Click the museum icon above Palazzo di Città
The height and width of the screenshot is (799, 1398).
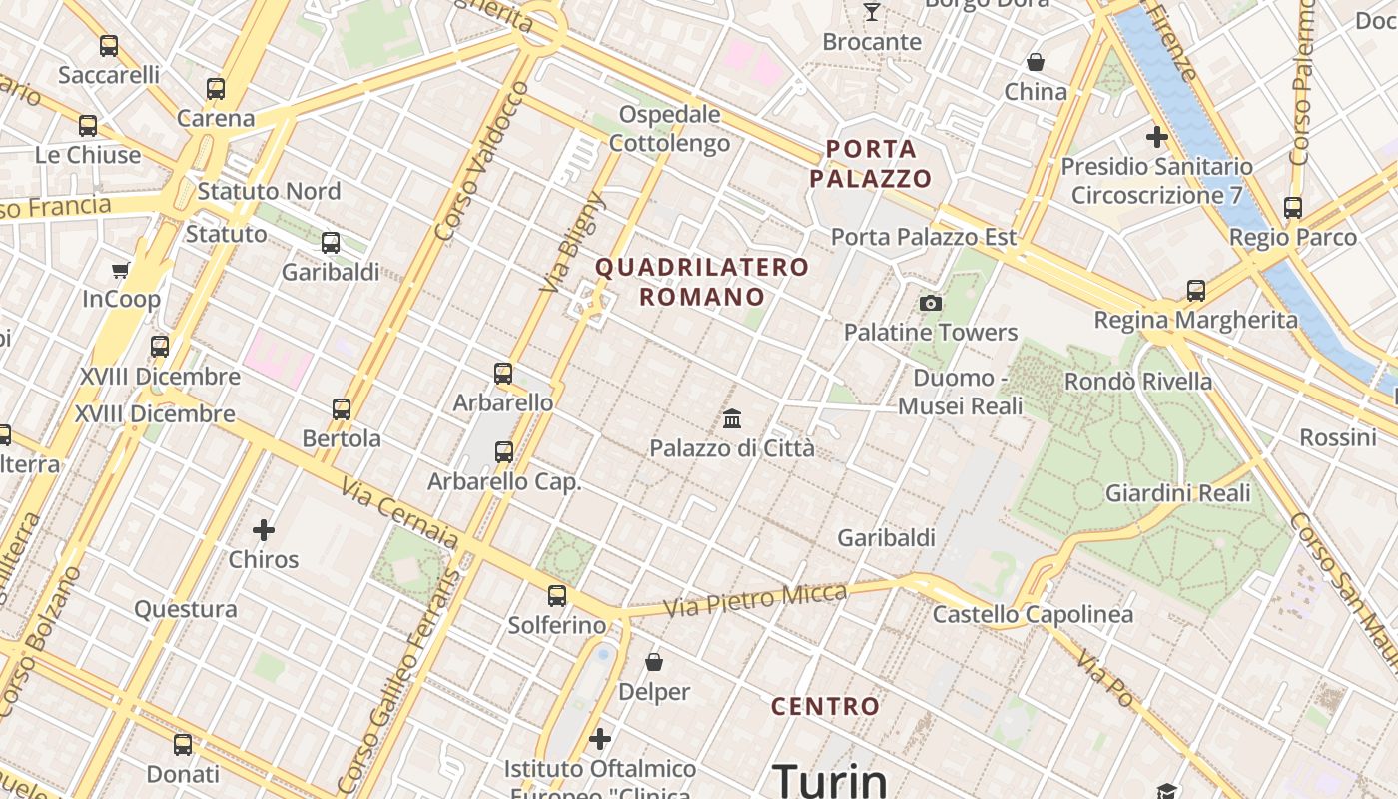[732, 418]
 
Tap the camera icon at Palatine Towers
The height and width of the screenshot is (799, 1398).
[931, 303]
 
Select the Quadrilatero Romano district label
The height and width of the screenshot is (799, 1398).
[701, 282]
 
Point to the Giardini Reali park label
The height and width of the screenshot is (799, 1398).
[1177, 493]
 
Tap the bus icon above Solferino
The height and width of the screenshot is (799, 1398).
[556, 596]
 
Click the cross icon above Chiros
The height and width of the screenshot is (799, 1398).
[264, 530]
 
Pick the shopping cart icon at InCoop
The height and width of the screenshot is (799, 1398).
[121, 270]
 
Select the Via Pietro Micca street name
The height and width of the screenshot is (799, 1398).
[755, 599]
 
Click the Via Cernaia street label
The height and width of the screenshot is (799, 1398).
[399, 513]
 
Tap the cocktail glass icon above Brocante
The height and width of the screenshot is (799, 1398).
[872, 12]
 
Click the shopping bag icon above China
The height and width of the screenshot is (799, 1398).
[1036, 62]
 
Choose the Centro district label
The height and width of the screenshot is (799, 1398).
[825, 707]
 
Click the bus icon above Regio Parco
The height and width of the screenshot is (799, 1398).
[1293, 208]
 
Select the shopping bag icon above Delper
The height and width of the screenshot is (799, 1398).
[654, 662]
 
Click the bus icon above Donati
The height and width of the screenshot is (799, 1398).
[183, 744]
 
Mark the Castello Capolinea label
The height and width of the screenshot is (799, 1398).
[1033, 614]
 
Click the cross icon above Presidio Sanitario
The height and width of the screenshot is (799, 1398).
[1157, 137]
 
